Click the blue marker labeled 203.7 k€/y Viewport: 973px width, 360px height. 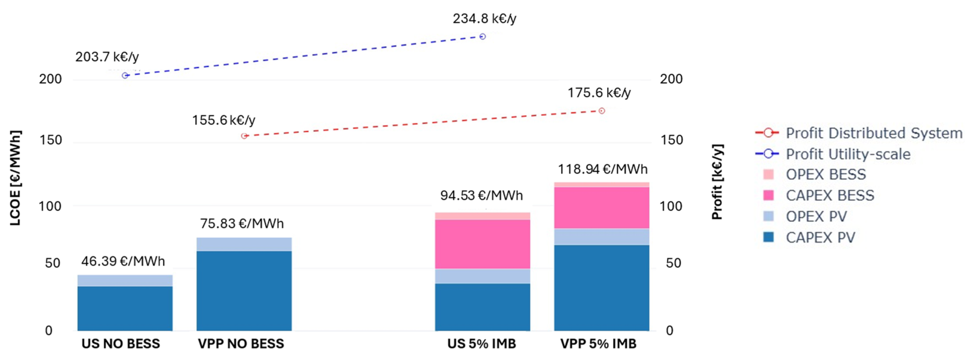(x=125, y=76)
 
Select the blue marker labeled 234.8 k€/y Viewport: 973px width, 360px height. (x=482, y=37)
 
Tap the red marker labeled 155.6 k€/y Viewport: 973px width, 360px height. (x=244, y=136)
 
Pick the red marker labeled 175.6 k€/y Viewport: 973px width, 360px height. (x=602, y=111)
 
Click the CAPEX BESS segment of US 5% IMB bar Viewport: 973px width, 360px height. (x=482, y=244)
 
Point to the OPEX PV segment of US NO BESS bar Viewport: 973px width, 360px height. (x=125, y=280)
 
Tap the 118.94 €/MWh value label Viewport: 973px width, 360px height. (x=602, y=169)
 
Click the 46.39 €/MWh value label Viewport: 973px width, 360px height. (x=123, y=261)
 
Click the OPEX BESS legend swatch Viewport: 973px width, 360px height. (x=768, y=174)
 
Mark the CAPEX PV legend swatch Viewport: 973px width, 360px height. (x=768, y=237)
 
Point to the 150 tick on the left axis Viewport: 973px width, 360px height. (x=51, y=140)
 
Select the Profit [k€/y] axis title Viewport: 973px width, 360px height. (x=717, y=182)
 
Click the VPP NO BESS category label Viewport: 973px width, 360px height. (x=241, y=343)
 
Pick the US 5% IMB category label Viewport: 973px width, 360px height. (x=482, y=343)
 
